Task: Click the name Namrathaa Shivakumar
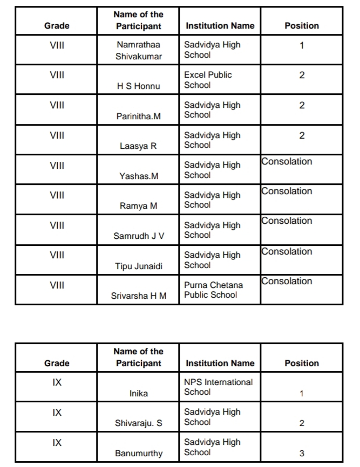139,51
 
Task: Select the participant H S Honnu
139,86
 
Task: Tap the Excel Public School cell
208,80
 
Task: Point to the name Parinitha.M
139,116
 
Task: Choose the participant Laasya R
139,146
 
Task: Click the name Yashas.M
139,176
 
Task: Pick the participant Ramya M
139,205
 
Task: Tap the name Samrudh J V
139,236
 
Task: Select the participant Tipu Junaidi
139,266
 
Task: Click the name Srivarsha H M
139,296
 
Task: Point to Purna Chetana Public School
213,290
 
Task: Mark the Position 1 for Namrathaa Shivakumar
302,45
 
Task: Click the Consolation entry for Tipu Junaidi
287,251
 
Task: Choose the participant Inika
139,394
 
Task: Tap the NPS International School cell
218,387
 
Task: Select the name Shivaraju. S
139,423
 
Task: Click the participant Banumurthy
139,454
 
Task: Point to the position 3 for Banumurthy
302,454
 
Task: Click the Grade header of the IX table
57,363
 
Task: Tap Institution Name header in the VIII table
220,25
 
